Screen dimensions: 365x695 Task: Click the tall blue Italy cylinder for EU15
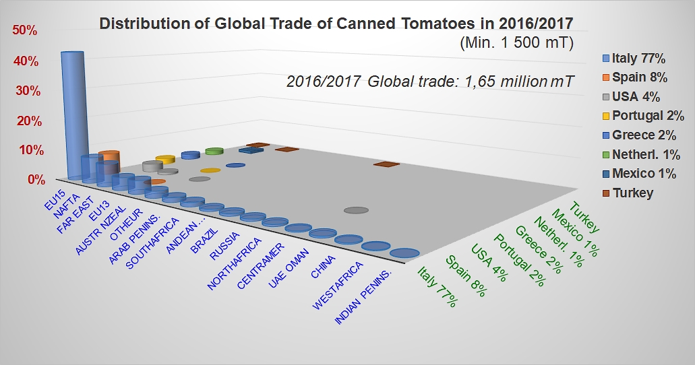point(72,114)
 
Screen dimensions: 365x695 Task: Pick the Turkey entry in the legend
point(633,193)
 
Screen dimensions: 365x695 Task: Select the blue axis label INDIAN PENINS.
point(367,296)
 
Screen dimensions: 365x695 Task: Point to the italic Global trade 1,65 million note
point(430,82)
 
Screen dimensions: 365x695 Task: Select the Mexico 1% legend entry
point(644,174)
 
